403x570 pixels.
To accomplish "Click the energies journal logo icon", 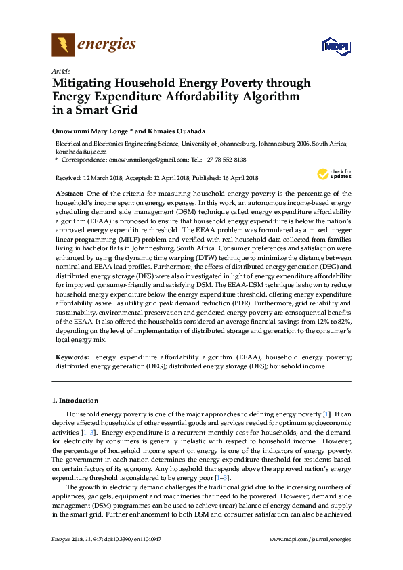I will point(64,45).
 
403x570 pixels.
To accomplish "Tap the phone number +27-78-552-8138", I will point(222,160).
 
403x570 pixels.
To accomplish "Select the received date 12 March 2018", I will point(107,178).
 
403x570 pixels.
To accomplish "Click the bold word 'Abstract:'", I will point(70,194).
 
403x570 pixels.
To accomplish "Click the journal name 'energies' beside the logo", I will point(108,45).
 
